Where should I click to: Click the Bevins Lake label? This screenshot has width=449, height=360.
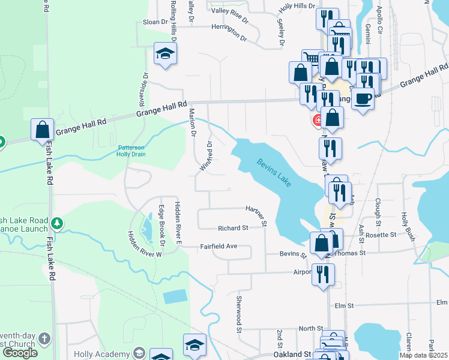tap(274, 172)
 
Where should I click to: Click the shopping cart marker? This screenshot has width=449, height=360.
tap(312, 59)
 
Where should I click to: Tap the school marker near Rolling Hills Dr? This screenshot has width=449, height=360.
tap(165, 53)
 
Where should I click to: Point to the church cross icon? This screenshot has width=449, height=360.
tap(43, 340)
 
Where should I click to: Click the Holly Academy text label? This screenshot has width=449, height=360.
tap(101, 354)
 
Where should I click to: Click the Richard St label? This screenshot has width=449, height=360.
tap(233, 228)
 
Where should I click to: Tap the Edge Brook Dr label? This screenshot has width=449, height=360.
tap(161, 225)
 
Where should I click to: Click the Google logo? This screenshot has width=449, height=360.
tap(20, 353)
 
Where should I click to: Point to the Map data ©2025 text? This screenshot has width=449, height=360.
tap(423, 355)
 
